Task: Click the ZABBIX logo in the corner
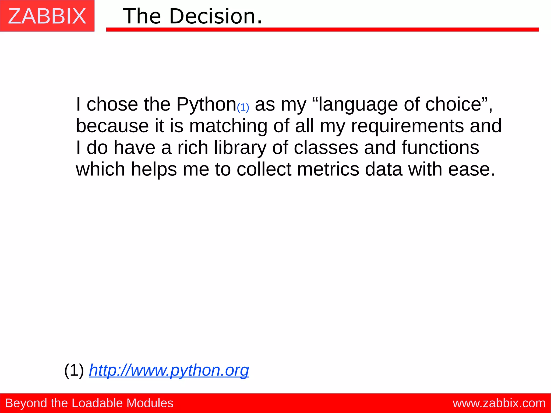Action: (47, 16)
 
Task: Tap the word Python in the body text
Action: (206, 104)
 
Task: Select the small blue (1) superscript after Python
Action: (243, 107)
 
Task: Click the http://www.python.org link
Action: (169, 370)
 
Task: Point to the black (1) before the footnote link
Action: (74, 370)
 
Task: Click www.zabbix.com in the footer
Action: (499, 403)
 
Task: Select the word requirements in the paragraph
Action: (407, 126)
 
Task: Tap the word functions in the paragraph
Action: (440, 148)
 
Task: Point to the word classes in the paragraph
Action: (326, 148)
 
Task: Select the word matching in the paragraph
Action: (228, 126)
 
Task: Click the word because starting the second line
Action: (112, 126)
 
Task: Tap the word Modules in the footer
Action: (150, 403)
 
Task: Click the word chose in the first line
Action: (112, 104)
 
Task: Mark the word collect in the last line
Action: (264, 169)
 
